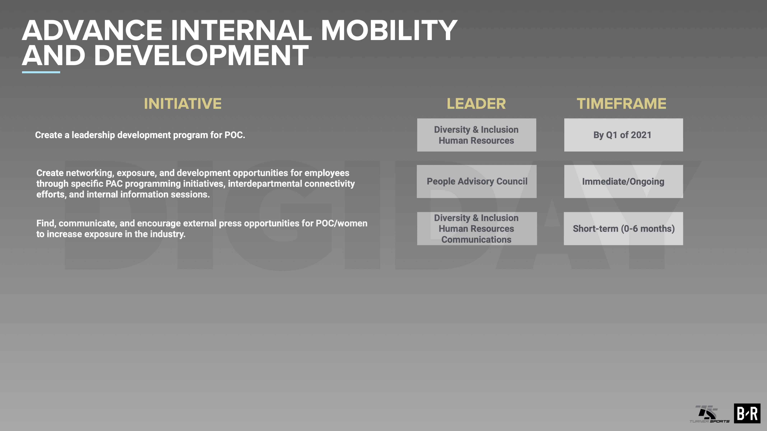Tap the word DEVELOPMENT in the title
(201, 55)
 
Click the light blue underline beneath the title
(41, 72)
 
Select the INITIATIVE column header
(183, 103)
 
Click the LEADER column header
(476, 103)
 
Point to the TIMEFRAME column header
(621, 103)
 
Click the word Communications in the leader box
(476, 239)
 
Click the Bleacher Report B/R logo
(747, 413)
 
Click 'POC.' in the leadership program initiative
(235, 135)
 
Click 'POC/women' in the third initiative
(342, 223)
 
